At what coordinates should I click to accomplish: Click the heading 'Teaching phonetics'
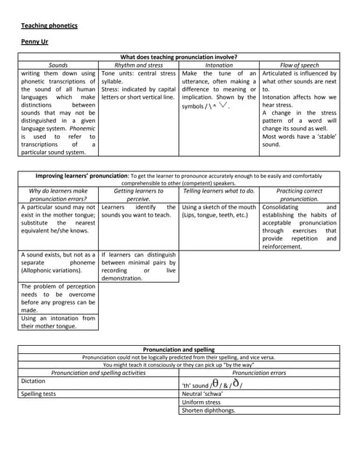49,26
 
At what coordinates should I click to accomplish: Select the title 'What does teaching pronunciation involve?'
178,57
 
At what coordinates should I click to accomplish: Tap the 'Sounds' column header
58,65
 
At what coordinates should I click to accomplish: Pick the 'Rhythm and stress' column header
139,65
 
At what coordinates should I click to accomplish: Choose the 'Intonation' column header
219,65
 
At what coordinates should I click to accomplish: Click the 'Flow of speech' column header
299,65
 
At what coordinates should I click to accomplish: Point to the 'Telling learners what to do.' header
219,191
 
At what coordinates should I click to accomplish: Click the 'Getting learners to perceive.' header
139,195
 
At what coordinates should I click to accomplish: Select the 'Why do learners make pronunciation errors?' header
58,195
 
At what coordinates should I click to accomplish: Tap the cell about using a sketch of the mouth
219,211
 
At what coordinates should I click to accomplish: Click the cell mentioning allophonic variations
58,264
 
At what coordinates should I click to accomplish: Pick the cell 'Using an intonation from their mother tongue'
58,322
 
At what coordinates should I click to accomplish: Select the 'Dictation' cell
33,381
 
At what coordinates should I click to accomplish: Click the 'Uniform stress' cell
201,402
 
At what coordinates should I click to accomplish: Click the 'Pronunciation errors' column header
259,373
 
